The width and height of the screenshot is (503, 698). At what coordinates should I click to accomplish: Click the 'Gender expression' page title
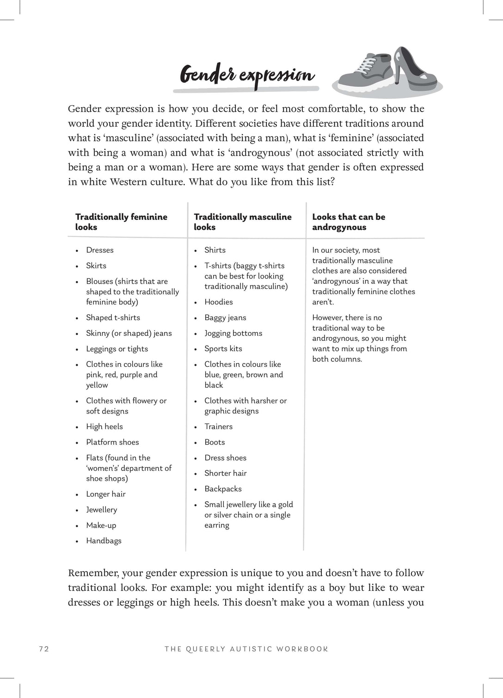point(247,75)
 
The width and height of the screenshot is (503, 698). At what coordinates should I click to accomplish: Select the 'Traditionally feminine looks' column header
point(121,222)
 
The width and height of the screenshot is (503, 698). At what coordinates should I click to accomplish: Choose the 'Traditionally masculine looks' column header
point(242,222)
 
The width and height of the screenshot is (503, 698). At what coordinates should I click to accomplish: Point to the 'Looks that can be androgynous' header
point(349,222)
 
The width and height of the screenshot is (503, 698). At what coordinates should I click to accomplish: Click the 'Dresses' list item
point(99,250)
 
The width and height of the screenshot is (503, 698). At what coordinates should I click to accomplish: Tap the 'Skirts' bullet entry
point(96,266)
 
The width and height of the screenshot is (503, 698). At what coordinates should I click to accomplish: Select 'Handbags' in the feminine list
point(104,540)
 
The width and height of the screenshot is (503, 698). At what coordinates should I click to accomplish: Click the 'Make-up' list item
point(101,525)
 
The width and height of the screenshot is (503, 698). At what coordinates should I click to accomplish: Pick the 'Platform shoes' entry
point(112,442)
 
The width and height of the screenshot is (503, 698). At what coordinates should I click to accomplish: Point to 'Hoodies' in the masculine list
point(219,302)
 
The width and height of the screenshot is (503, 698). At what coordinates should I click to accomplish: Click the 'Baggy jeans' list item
point(225,317)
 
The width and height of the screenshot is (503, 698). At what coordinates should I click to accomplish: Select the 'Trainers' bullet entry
point(218,426)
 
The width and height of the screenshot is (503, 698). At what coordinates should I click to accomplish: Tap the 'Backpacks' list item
point(223,489)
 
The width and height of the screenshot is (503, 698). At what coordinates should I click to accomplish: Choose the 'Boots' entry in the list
point(215,442)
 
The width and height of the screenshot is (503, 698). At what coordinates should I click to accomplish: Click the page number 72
point(44,649)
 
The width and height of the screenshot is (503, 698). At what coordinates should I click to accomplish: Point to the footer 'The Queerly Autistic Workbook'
point(246,649)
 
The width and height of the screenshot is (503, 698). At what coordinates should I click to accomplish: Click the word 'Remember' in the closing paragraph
point(92,573)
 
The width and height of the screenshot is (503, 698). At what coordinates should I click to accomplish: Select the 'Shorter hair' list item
point(225,473)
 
